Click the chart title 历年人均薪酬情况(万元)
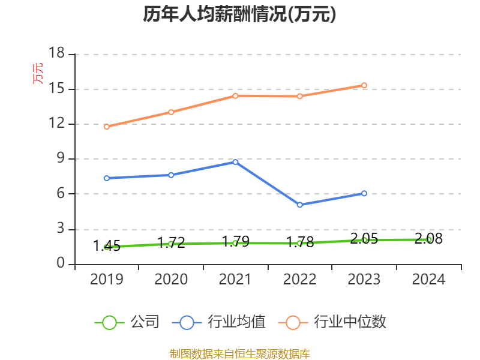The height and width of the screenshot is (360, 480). click(x=239, y=14)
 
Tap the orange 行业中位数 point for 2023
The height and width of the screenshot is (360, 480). click(x=364, y=85)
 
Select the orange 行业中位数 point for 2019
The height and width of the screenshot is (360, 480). click(x=107, y=127)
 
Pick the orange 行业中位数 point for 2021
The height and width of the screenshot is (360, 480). click(x=235, y=95)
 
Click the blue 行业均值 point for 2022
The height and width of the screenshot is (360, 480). click(x=299, y=205)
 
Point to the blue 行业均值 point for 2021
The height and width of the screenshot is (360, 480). click(x=235, y=162)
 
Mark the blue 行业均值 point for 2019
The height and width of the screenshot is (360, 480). click(x=107, y=178)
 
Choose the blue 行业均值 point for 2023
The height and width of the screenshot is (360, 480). click(x=364, y=193)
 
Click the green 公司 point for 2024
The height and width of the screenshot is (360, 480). click(x=428, y=239)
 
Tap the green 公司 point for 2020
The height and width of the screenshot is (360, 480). click(x=171, y=244)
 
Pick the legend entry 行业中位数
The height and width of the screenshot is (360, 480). click(x=333, y=322)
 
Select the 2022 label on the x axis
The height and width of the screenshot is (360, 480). click(x=299, y=280)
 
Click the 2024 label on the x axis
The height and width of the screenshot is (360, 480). click(x=428, y=280)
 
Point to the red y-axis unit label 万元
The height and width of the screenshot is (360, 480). click(x=38, y=73)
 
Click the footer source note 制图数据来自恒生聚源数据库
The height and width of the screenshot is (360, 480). click(x=239, y=353)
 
